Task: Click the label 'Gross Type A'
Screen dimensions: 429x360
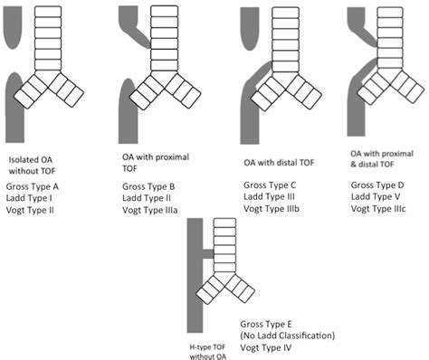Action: [x=33, y=186]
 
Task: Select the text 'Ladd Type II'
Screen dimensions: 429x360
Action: [x=147, y=198]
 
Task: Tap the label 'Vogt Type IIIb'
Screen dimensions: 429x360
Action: [x=272, y=209]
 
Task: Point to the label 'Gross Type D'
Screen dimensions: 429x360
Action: [x=377, y=185]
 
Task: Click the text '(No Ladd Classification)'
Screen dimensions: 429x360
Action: [x=288, y=336]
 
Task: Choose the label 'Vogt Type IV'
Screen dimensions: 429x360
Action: [x=266, y=347]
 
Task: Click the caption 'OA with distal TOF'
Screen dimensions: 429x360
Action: [x=279, y=163]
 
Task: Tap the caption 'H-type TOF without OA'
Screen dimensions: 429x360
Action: [x=208, y=352]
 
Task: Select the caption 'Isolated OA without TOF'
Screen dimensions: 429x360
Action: [x=32, y=166]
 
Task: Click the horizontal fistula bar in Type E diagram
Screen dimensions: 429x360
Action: [x=208, y=254]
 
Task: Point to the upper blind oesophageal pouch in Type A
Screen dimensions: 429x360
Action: [x=13, y=27]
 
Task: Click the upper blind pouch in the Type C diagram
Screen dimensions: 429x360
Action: [x=250, y=29]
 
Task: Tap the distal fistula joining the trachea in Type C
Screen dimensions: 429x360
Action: [x=260, y=70]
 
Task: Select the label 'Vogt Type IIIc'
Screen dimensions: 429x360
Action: [x=378, y=209]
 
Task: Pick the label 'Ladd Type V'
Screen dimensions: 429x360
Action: [x=376, y=196]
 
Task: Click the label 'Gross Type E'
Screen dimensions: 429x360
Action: [x=266, y=324]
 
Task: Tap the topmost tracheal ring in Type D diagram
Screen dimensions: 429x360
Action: [x=390, y=12]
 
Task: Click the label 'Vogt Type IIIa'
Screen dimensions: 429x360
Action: [x=150, y=210]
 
